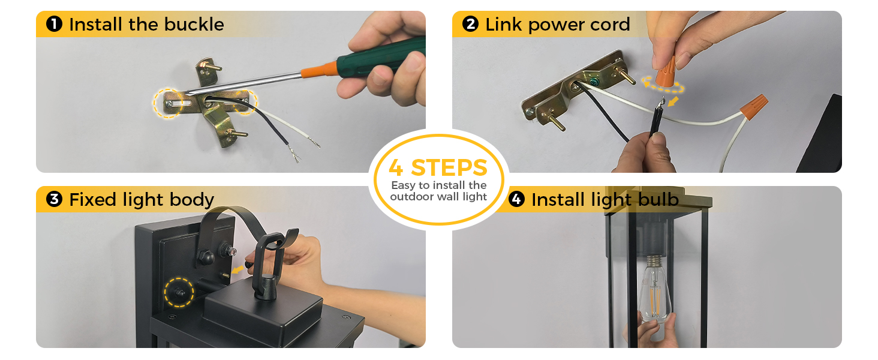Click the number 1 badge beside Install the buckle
(54, 24)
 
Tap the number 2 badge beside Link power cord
(470, 24)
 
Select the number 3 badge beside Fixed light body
(54, 199)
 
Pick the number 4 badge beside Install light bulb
(516, 199)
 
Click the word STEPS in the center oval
(449, 168)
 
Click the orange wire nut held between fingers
(666, 74)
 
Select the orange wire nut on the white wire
(754, 106)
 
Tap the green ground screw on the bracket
(594, 82)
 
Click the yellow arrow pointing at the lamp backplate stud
(237, 270)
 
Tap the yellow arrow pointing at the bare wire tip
(673, 101)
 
